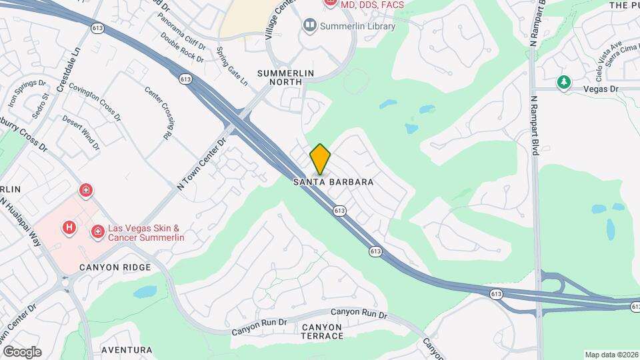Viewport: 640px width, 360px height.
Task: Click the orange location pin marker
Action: tap(321, 159)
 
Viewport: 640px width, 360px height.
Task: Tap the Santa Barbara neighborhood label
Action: tap(333, 181)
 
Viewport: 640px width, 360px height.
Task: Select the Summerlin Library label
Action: tap(357, 27)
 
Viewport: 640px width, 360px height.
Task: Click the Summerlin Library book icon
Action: tap(309, 26)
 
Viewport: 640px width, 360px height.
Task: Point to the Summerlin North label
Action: tap(290, 77)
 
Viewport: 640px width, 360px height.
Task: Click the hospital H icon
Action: tap(69, 228)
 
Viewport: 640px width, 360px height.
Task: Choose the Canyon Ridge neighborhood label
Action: tap(115, 267)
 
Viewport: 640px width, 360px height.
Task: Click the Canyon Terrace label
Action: tap(322, 331)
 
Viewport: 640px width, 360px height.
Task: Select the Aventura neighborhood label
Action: tap(127, 349)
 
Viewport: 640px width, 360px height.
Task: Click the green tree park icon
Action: tap(564, 82)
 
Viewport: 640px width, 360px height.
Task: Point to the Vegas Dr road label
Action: tap(601, 89)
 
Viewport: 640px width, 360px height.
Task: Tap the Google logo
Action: tap(22, 352)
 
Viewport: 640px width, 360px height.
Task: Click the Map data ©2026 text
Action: tap(611, 355)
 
